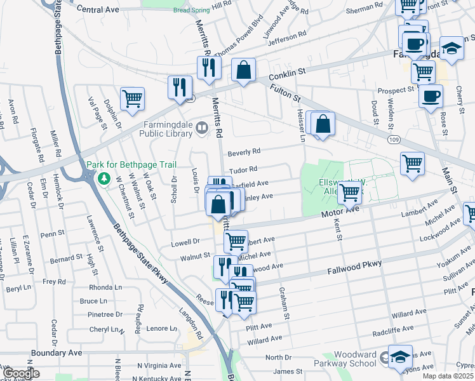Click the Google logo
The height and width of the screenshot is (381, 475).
coord(21,374)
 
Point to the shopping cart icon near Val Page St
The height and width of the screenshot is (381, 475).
coord(132,98)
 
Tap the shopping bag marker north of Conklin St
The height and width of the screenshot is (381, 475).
coord(243,70)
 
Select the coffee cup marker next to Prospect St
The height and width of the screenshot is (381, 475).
coord(431,97)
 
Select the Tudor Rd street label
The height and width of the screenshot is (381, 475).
coord(243,170)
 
